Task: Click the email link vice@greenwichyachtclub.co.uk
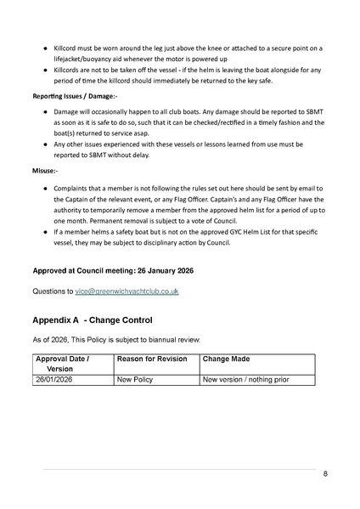point(131,291)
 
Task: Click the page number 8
point(325,474)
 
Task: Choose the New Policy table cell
point(135,379)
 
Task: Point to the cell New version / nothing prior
point(245,379)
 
